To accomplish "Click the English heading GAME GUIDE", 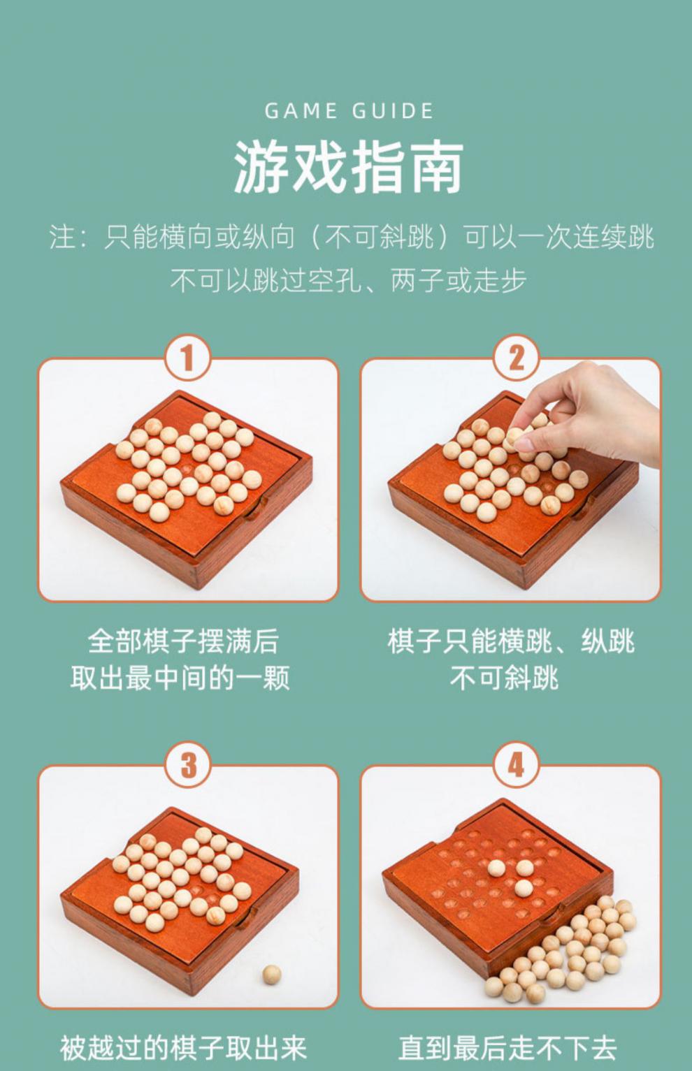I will [x=349, y=111].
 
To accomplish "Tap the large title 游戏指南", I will [x=347, y=168].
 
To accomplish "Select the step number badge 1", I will [x=187, y=358].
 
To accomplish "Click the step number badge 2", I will [x=515, y=358].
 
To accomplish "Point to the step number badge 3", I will [x=187, y=765].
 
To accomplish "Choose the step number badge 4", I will [x=515, y=765].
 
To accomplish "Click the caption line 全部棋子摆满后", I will [x=183, y=641].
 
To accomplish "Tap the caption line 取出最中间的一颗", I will [x=180, y=678].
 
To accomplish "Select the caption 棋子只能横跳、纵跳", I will [x=510, y=641].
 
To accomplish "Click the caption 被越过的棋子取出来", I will [x=183, y=1047].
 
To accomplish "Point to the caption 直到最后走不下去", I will [x=507, y=1047].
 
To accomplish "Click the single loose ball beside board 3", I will [x=271, y=974].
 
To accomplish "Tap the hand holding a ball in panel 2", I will [x=594, y=412].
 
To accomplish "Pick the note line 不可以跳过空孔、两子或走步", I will [x=347, y=281].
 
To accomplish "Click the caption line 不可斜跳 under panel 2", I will [x=504, y=678].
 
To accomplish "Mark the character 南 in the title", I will [x=435, y=168].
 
